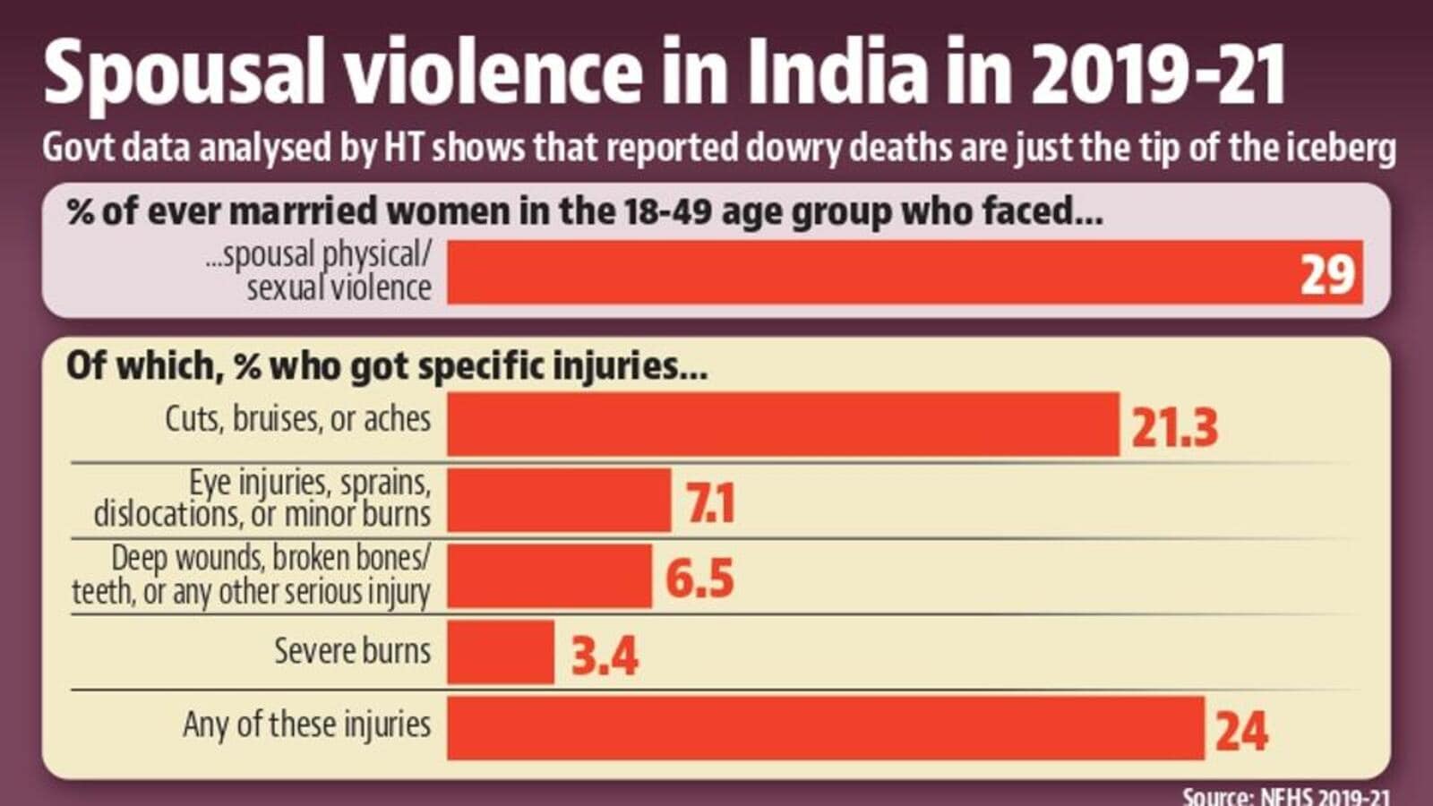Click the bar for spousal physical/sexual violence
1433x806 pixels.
[x=905, y=272]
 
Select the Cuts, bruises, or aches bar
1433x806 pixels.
[x=783, y=424]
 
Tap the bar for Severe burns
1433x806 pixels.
[x=501, y=652]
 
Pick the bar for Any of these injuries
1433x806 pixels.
[x=825, y=728]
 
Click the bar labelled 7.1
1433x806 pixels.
[x=559, y=500]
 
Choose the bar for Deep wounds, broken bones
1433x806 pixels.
[x=549, y=576]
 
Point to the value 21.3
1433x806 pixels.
[x=1174, y=426]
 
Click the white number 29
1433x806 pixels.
[x=1327, y=274]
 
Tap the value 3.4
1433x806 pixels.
[x=605, y=656]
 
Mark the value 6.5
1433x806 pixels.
[x=699, y=579]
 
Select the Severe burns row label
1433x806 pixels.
[x=352, y=650]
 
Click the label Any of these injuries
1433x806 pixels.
[x=306, y=724]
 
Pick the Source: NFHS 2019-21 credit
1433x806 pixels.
[x=1286, y=796]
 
